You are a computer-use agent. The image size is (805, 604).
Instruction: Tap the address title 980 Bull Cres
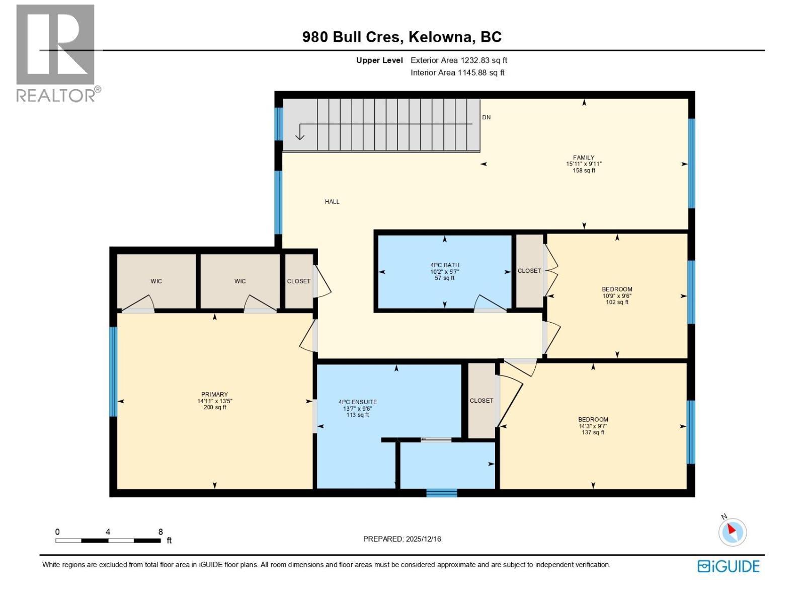coord(401,37)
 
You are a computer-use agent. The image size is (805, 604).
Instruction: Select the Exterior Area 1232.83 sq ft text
coord(458,60)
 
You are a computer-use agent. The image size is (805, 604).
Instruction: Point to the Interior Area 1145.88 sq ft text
coord(457,72)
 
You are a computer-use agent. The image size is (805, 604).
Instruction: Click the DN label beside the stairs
coord(486,117)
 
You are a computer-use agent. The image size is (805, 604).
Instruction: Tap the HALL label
coord(332,202)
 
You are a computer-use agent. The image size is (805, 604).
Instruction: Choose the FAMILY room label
coord(584,158)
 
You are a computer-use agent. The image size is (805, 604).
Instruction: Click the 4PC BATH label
coord(444,265)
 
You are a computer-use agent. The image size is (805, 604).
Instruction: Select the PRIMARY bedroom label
coord(214,395)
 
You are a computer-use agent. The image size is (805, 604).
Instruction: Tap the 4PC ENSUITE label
coord(357,402)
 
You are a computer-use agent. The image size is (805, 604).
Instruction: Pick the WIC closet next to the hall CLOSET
coord(240,281)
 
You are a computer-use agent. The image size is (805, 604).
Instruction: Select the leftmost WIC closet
coord(156,281)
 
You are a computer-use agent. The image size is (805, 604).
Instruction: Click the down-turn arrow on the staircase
coord(300,133)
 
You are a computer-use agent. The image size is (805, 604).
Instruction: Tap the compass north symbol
coord(732,532)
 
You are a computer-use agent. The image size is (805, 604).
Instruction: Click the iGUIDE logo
coord(728,566)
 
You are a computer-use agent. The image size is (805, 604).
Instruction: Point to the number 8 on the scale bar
coord(160,532)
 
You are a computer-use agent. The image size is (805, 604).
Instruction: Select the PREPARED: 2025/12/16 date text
coord(402,539)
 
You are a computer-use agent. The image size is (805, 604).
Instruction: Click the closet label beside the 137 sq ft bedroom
coord(481,401)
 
